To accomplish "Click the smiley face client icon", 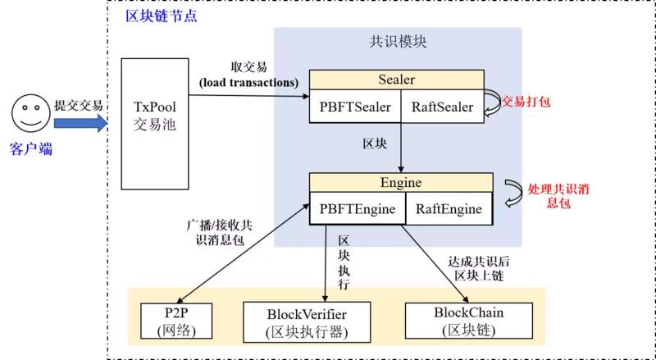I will pyautogui.click(x=30, y=113).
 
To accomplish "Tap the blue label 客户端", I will pyautogui.click(x=31, y=149).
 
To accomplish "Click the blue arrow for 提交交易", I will pyautogui.click(x=80, y=123).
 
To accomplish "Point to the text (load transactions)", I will pyautogui.click(x=248, y=83).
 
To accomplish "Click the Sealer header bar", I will pyautogui.click(x=396, y=80).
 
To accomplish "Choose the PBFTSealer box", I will pyautogui.click(x=355, y=107).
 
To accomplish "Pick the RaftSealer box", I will pyautogui.click(x=442, y=107).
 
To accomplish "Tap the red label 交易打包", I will pyautogui.click(x=526, y=102).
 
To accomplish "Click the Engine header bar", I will pyautogui.click(x=400, y=182).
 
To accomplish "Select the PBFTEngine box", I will pyautogui.click(x=358, y=209).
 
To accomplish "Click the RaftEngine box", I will pyautogui.click(x=449, y=209).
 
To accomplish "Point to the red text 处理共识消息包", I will pyautogui.click(x=560, y=195).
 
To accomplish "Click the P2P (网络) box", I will pyautogui.click(x=176, y=321).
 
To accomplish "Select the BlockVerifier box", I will pyautogui.click(x=307, y=322).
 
